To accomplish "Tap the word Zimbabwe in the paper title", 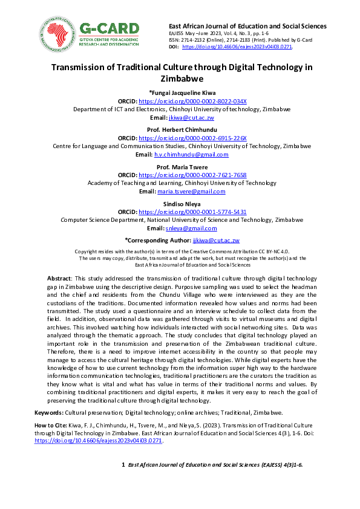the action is [x=180, y=79].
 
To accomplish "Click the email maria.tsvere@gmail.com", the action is [x=191, y=192].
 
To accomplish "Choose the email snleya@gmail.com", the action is [x=191, y=229].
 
